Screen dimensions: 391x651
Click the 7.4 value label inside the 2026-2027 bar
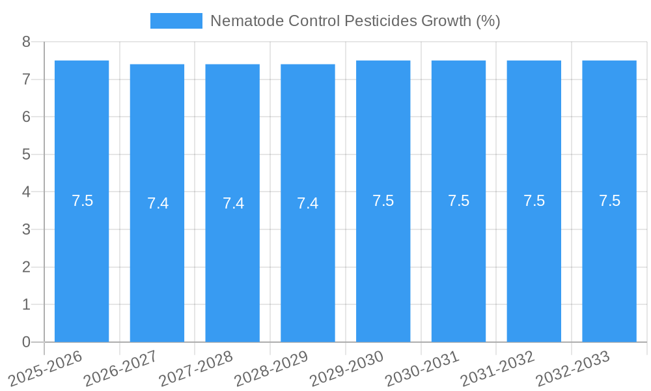(x=158, y=203)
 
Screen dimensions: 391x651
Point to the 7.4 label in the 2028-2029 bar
(x=308, y=203)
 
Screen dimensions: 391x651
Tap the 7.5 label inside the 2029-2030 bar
(x=383, y=201)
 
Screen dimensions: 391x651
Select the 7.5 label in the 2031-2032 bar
(x=534, y=201)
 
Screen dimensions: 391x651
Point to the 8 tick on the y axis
(x=26, y=42)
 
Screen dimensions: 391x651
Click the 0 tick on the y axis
(x=26, y=342)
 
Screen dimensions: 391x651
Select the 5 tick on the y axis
(x=26, y=154)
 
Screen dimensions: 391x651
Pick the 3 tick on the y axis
(x=26, y=229)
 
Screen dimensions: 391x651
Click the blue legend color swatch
(x=176, y=21)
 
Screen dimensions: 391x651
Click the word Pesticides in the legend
(x=376, y=21)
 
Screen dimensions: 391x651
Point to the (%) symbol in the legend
(x=488, y=21)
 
